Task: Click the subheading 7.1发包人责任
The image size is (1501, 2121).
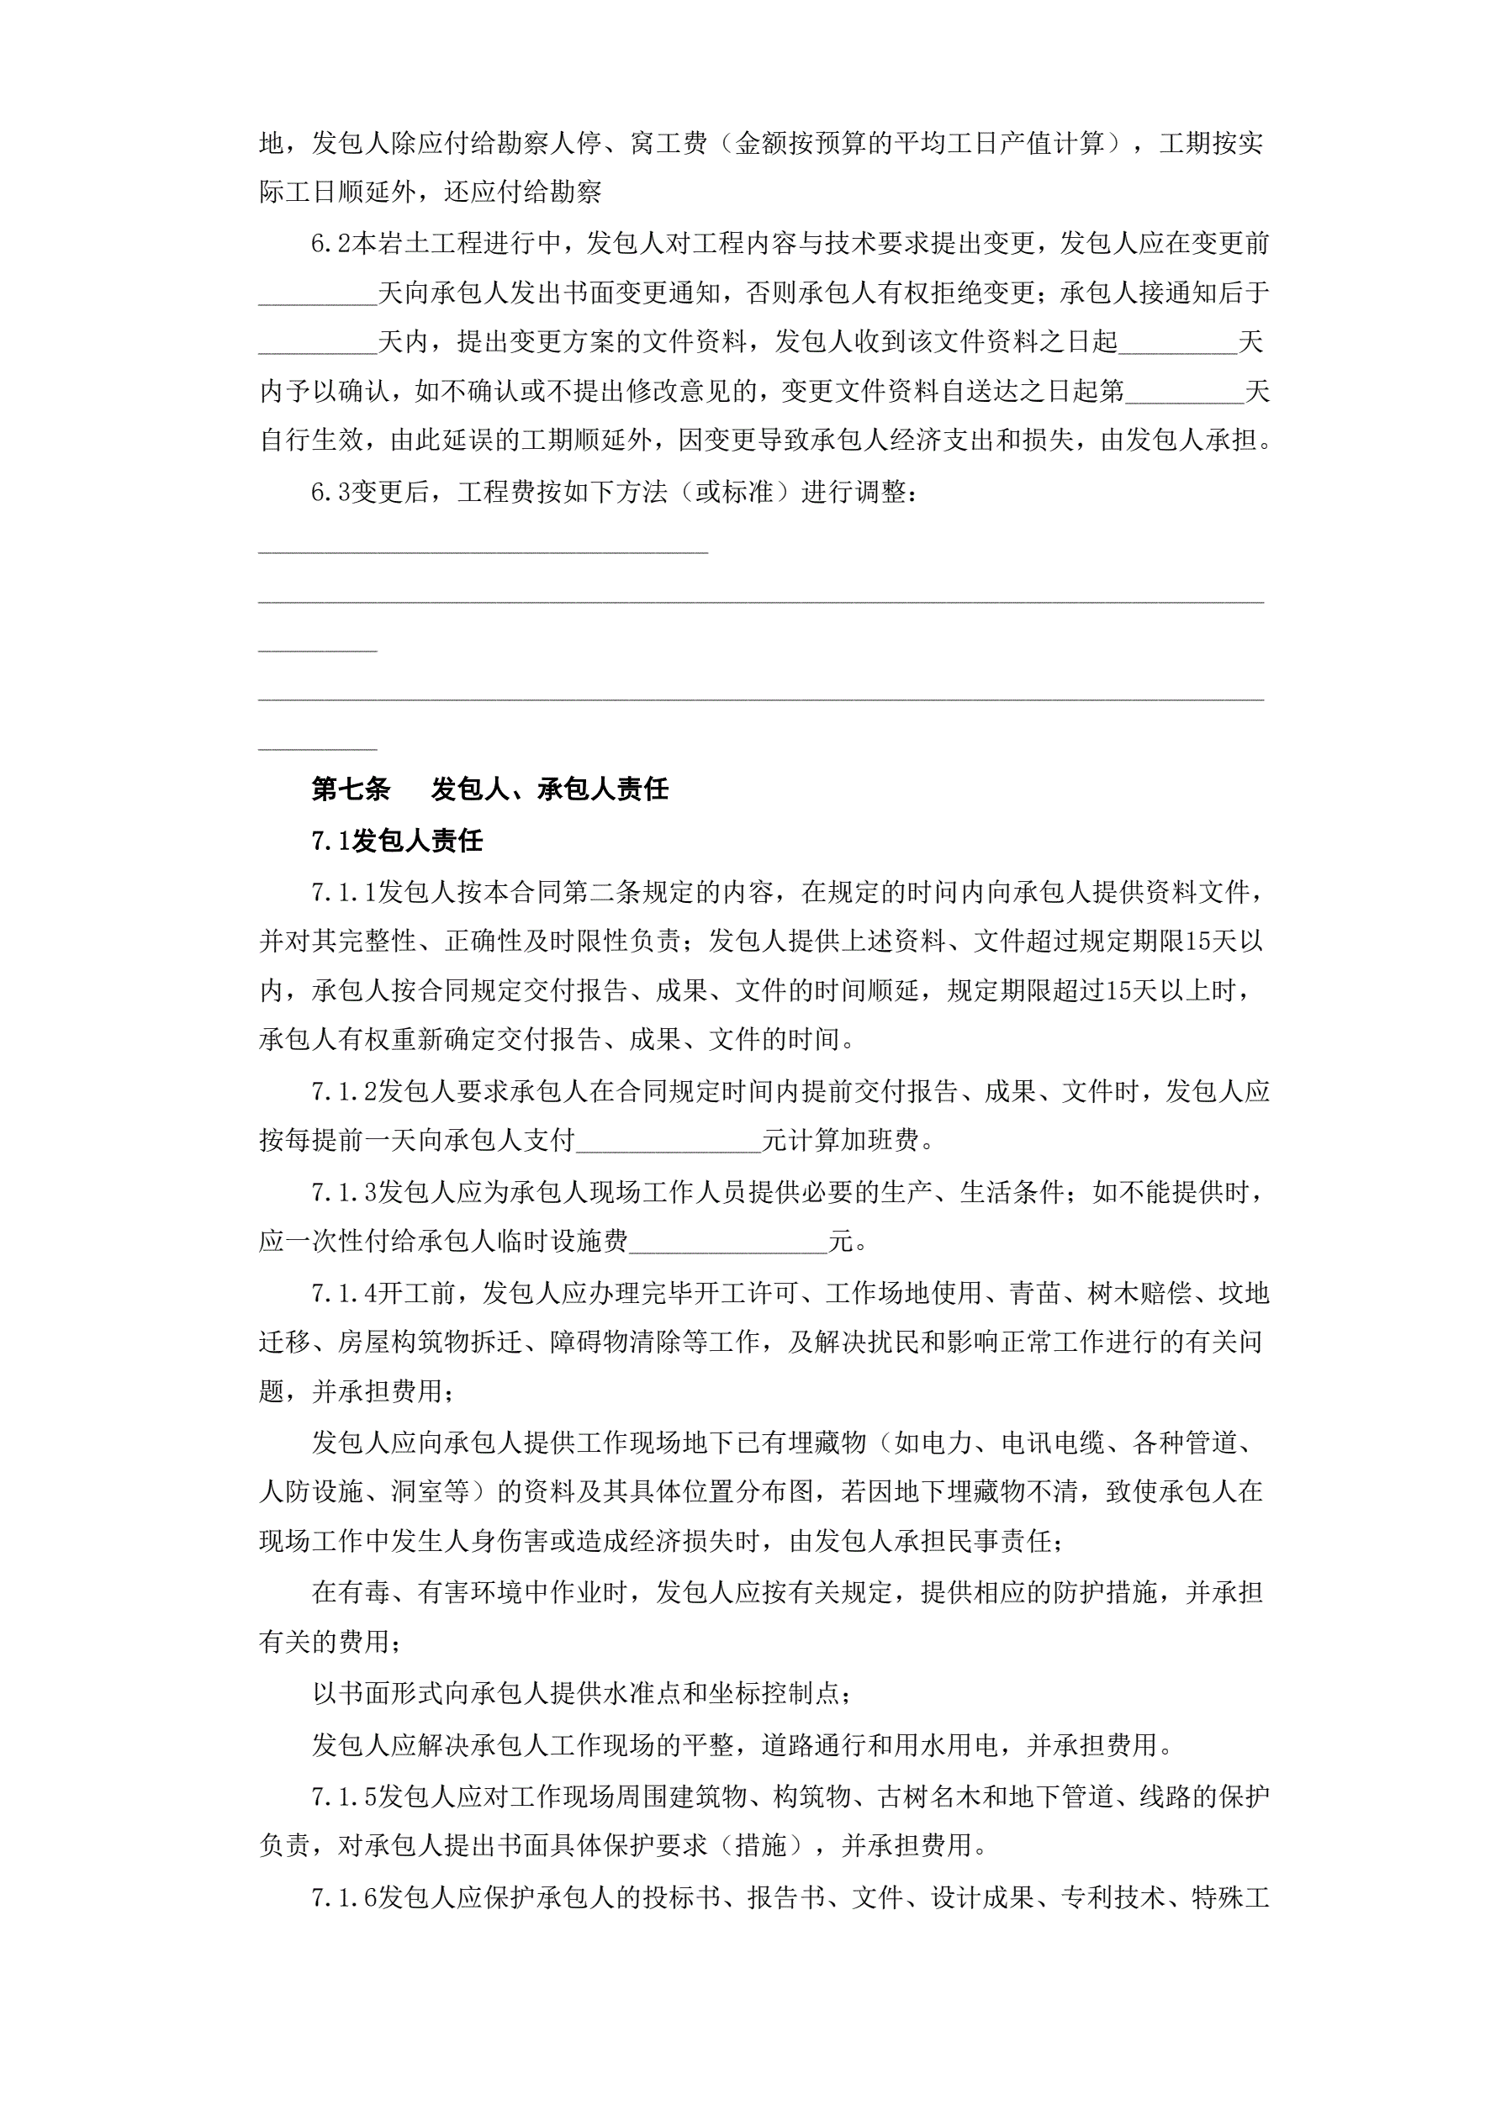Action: pos(397,841)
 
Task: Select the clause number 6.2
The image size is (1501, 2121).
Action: pos(330,244)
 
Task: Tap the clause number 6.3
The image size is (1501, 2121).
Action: pos(330,493)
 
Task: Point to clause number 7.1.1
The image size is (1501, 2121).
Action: pos(344,893)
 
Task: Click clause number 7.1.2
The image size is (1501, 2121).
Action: pos(344,1092)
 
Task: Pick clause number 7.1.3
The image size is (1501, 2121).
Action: pos(344,1193)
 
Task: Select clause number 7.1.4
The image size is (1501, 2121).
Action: pos(344,1293)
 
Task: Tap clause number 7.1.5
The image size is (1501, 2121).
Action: pos(344,1797)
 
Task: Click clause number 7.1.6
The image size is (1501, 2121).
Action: pos(344,1897)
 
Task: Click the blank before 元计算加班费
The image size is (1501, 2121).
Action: pos(668,1142)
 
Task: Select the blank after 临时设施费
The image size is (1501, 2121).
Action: pos(727,1242)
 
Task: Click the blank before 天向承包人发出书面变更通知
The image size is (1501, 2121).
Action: pos(317,293)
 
